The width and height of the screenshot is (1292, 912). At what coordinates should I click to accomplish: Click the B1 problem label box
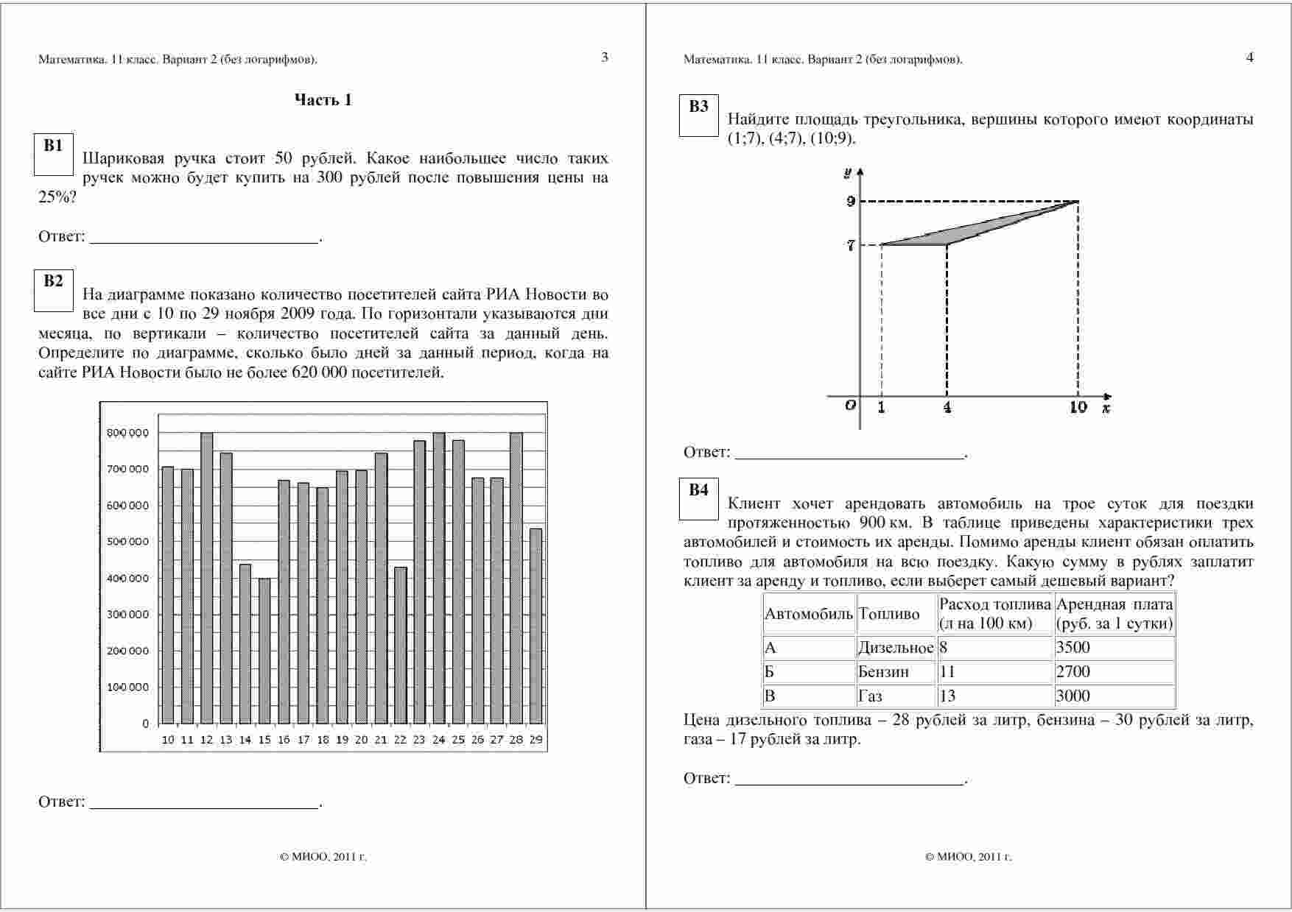pos(53,155)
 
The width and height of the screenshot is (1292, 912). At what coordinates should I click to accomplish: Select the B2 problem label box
pos(53,291)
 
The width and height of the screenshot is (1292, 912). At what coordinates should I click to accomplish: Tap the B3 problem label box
pos(698,116)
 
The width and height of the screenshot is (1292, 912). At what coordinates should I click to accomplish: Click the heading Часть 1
pos(323,100)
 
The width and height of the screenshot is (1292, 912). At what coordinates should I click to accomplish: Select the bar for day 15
pos(264,651)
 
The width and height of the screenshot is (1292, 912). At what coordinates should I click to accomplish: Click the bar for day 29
pos(536,626)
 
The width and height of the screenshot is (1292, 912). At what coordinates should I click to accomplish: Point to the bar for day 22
pos(400,645)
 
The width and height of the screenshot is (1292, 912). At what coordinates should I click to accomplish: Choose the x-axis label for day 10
pos(168,740)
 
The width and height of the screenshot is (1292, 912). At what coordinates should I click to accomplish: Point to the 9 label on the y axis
pos(851,201)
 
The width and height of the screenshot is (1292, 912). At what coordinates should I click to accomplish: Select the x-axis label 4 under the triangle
pos(947,407)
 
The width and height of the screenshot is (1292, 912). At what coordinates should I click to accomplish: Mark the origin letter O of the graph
pos(851,405)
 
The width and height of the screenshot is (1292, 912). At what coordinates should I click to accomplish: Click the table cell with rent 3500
pos(1114,648)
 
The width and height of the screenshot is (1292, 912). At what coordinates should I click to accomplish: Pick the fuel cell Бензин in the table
pos(896,672)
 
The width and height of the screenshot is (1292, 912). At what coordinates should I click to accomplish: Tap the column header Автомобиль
pos(809,614)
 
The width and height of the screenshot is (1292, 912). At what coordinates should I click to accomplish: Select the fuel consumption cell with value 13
pos(994,696)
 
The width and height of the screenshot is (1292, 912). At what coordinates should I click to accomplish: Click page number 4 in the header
pos(1249,57)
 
